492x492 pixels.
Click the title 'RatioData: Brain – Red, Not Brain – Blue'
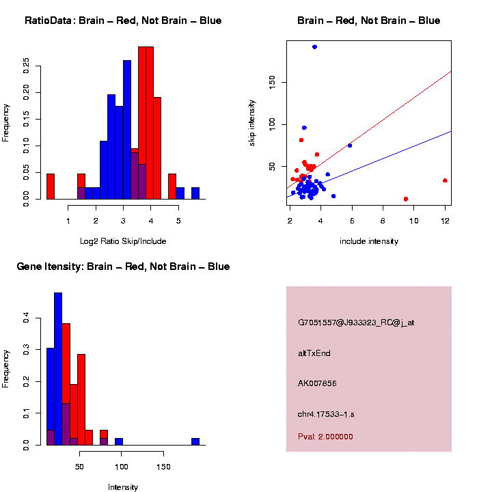coord(123,21)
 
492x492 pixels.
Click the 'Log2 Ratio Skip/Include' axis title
coord(123,241)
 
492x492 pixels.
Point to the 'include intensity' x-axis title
coord(369,241)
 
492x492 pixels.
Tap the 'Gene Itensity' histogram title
coord(123,266)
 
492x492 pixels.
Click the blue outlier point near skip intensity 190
coord(314,46)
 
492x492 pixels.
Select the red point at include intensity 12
coord(445,180)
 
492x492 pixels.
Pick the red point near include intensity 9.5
coord(406,199)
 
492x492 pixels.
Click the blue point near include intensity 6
coord(350,146)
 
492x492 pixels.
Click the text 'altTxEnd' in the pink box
coord(314,353)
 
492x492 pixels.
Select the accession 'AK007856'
coord(318,383)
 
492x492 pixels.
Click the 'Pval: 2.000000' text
coord(325,437)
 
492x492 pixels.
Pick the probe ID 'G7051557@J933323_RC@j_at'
coord(356,323)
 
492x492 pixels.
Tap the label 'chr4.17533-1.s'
coord(326,414)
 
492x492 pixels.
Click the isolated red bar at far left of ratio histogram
coord(51,186)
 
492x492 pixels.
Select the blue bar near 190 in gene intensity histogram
coord(195,441)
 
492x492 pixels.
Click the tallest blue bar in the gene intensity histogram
coord(58,369)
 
